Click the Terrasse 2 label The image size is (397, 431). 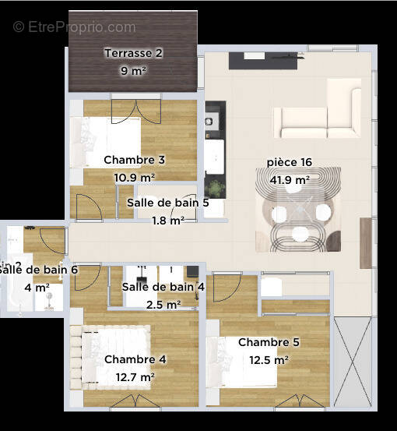point(134,54)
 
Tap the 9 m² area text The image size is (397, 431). point(134,71)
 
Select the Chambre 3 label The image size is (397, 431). point(134,160)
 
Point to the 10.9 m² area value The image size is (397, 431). point(134,177)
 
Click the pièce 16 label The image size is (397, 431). point(289,162)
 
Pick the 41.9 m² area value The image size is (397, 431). point(289,179)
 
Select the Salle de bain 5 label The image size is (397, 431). point(167,203)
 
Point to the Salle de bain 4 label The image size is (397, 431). point(163,287)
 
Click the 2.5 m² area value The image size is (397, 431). point(163,304)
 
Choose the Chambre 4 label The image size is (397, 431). point(135,359)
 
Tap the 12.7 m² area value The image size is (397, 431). point(135,377)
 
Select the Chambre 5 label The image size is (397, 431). point(269,342)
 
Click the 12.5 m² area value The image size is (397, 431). point(269,360)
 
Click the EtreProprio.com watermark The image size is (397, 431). point(74,27)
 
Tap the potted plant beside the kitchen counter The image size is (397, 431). point(214,188)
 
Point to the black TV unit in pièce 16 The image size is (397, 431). point(262,60)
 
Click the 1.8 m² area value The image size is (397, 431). point(167,221)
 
